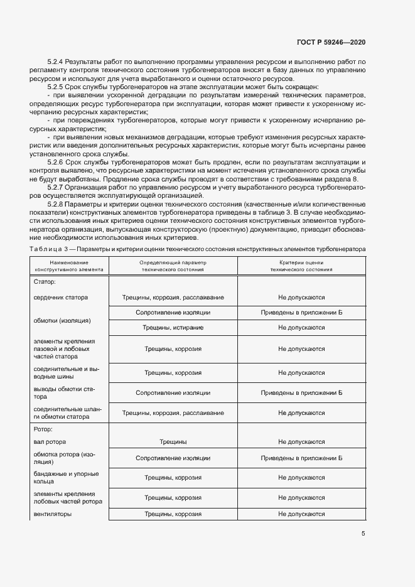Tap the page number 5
363,534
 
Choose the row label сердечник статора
61,297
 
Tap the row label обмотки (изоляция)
62,320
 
